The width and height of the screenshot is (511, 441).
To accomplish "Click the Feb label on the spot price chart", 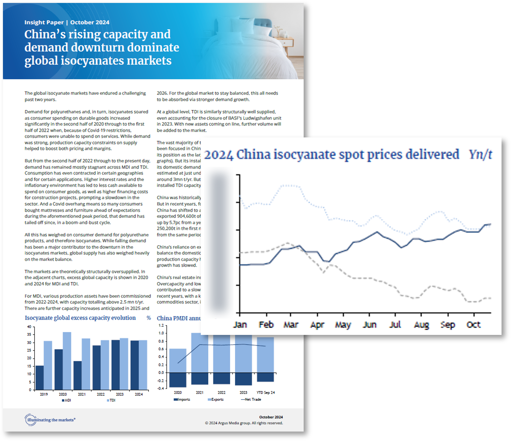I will [266, 324].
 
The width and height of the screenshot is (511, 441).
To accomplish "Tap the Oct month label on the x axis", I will [473, 324].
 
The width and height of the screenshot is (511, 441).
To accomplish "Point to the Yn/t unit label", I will [480, 154].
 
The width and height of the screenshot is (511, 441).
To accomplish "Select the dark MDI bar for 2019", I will [40, 378].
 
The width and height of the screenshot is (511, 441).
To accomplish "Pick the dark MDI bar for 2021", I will [77, 375].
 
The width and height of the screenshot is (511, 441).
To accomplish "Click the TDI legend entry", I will [111, 400].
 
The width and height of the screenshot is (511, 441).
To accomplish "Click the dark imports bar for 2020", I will [178, 380].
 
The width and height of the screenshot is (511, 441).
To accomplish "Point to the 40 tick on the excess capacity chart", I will [29, 327].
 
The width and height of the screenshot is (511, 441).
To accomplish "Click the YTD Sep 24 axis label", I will [265, 392].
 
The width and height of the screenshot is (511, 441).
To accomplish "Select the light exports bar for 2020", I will [178, 360].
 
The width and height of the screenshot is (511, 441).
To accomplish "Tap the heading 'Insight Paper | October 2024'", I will [67, 22].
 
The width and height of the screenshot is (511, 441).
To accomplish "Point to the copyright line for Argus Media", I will [244, 423].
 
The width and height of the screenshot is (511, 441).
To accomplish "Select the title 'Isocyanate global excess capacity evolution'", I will [80, 318].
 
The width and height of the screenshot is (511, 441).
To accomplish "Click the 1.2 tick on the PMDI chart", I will [161, 325].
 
